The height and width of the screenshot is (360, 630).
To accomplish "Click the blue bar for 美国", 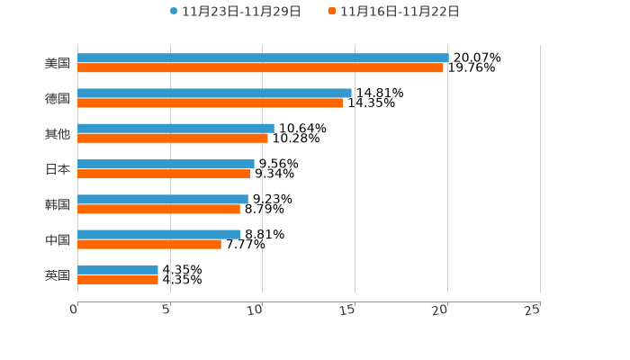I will click(x=263, y=58).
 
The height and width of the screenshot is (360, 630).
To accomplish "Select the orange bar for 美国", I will click(x=260, y=67).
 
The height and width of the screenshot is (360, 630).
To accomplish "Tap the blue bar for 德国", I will click(x=214, y=93).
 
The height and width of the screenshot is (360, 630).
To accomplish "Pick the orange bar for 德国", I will click(x=211, y=103).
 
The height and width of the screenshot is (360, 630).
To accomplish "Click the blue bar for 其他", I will click(x=175, y=128).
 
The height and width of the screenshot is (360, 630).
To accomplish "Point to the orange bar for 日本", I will click(x=164, y=174).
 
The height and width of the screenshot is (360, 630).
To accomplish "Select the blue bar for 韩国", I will click(x=163, y=199).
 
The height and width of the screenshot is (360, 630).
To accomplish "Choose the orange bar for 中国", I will click(x=149, y=244).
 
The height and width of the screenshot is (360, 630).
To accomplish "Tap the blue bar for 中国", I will click(x=159, y=234).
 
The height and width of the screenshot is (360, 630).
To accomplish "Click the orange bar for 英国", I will click(x=118, y=279).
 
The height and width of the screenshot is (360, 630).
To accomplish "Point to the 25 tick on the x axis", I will click(x=533, y=310).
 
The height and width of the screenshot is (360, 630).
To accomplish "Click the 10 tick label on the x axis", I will click(x=256, y=310).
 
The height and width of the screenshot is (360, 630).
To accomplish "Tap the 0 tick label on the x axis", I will click(x=74, y=310).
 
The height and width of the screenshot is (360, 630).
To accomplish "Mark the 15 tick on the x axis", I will click(x=348, y=310).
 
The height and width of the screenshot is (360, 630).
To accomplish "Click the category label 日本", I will click(x=58, y=169).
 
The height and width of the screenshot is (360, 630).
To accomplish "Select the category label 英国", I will click(x=58, y=274).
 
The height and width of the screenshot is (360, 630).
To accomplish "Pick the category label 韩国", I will click(x=58, y=204).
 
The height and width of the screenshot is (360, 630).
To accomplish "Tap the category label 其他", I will click(x=58, y=133).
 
